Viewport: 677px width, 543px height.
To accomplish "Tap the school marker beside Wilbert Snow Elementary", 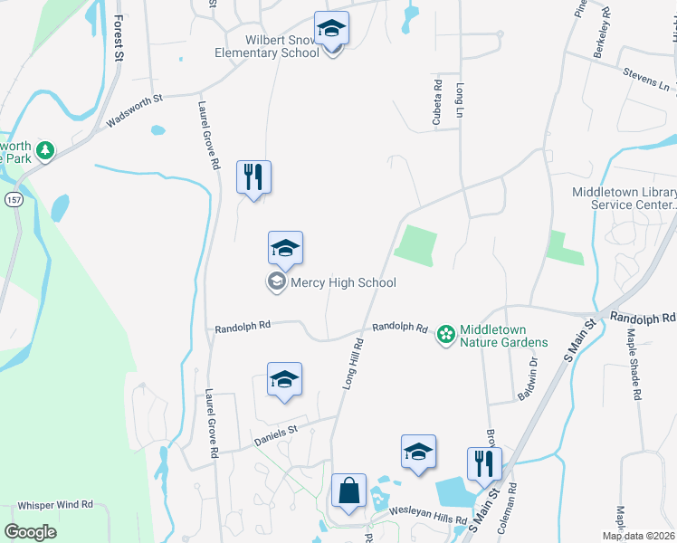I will (x=331, y=30).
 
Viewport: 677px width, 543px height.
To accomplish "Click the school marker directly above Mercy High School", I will (x=285, y=249).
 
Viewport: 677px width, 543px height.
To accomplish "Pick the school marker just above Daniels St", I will (x=285, y=380).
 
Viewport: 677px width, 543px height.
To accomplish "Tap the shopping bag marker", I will (x=348, y=491).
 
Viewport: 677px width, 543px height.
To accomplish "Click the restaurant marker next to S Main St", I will (x=484, y=465).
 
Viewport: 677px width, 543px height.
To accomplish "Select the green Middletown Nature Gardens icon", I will (x=445, y=335).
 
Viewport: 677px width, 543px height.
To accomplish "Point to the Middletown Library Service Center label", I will (x=623, y=198).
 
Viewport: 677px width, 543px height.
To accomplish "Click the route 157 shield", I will (x=13, y=198).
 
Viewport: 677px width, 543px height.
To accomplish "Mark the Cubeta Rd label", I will (x=437, y=102).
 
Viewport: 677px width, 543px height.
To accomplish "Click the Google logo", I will (x=30, y=531).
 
